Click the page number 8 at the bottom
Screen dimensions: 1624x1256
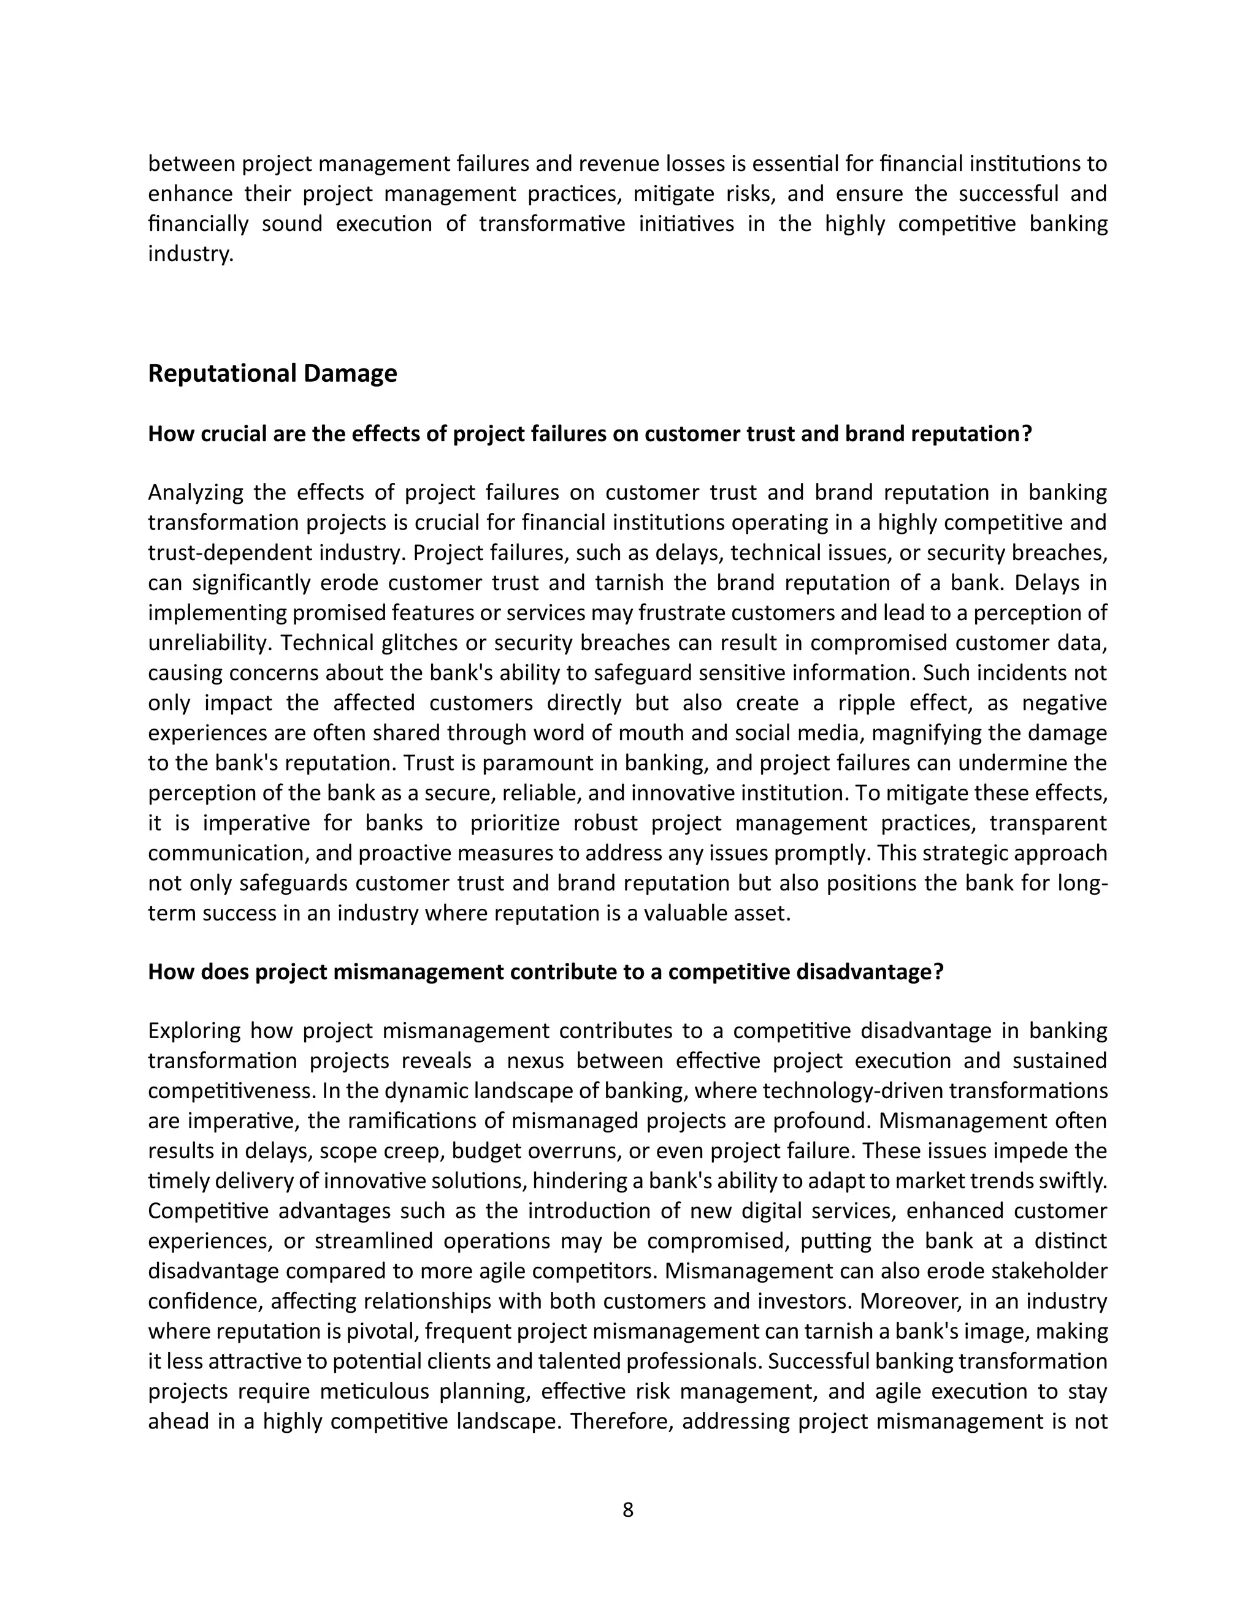pos(627,1509)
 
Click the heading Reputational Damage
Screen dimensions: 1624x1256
pos(272,373)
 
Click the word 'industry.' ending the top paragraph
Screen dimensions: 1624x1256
pos(191,254)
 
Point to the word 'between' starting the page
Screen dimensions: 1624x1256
pos(191,164)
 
